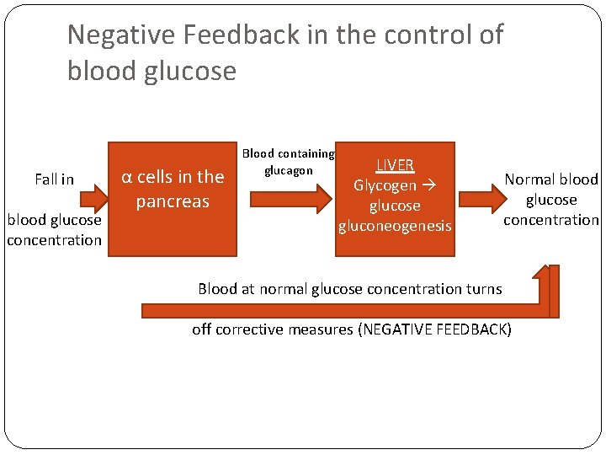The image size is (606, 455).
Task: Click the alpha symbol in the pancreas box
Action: point(126,177)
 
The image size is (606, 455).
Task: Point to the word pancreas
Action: point(173,201)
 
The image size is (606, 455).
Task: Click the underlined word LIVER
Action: point(395,165)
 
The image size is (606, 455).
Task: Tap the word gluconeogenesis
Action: point(395,226)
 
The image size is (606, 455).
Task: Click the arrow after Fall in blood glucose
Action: point(93,199)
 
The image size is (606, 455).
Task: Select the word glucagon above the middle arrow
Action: point(289,170)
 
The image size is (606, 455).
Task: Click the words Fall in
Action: point(54,179)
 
